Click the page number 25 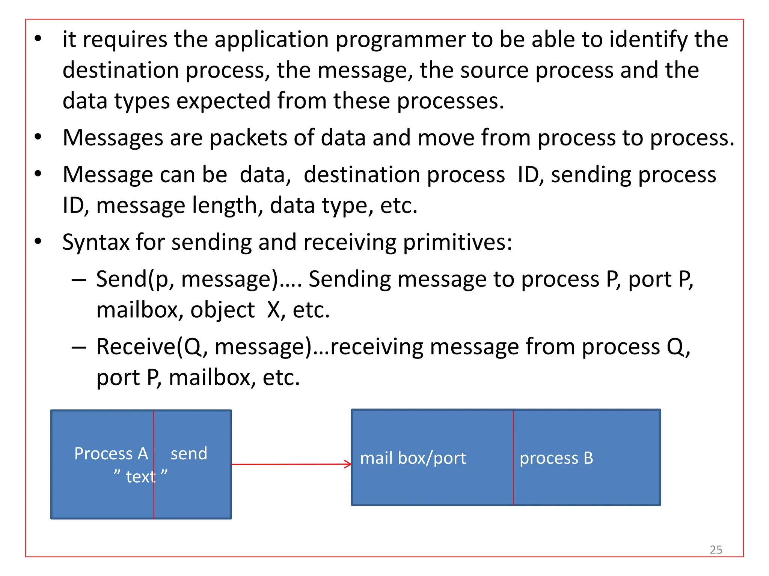[716, 550]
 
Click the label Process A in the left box [111, 454]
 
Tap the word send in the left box [189, 454]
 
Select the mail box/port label [413, 458]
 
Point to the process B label [556, 458]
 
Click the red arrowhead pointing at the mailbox [348, 464]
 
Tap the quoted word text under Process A [140, 477]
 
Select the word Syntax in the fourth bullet [96, 243]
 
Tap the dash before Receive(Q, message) [79, 348]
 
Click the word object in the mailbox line [222, 310]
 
